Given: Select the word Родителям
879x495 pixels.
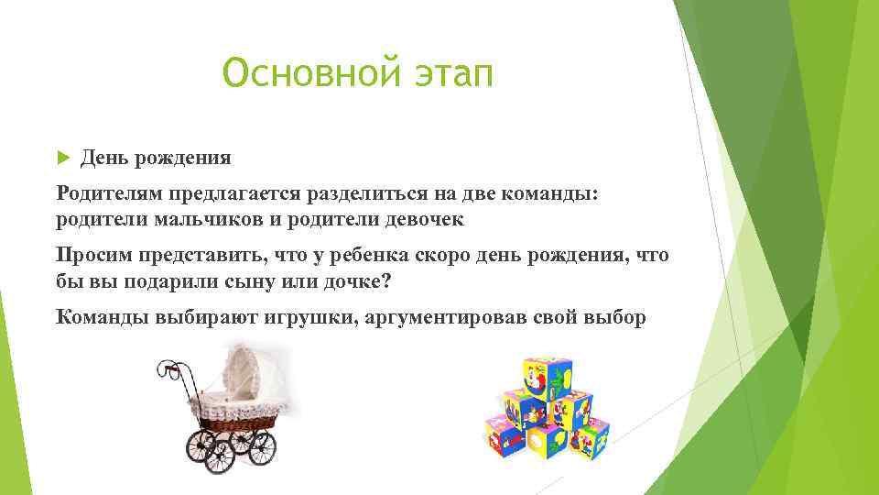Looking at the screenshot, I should click(x=107, y=192).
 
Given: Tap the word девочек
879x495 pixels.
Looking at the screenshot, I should click(x=420, y=220).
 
